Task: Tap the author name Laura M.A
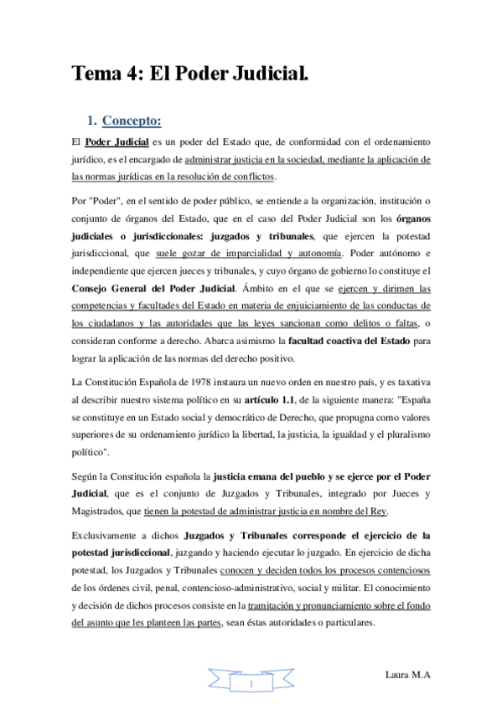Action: pyautogui.click(x=409, y=674)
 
